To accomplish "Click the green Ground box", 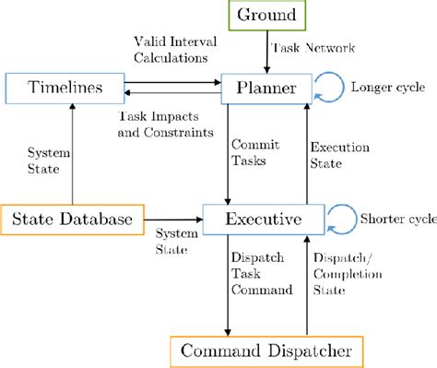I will click(268, 15).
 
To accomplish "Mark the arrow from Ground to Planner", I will click(267, 51).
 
